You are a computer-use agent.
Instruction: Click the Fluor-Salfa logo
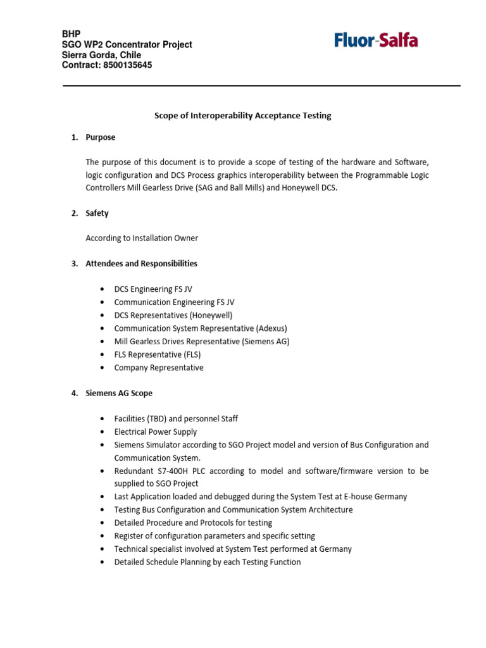[376, 41]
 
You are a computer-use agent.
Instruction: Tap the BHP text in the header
[71, 34]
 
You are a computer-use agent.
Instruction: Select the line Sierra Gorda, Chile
[101, 55]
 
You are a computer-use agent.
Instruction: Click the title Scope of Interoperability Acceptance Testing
[243, 116]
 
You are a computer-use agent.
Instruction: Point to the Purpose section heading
[101, 137]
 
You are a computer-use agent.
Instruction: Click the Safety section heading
[97, 213]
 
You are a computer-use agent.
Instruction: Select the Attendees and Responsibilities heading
[141, 263]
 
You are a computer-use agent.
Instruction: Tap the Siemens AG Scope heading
[119, 393]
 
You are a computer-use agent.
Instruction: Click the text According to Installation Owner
[142, 238]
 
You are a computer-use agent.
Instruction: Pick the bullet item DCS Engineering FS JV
[153, 289]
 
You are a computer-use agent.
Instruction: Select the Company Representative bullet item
[159, 368]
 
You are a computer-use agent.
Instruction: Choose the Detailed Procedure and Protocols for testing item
[193, 523]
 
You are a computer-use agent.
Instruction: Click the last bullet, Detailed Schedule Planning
[207, 562]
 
